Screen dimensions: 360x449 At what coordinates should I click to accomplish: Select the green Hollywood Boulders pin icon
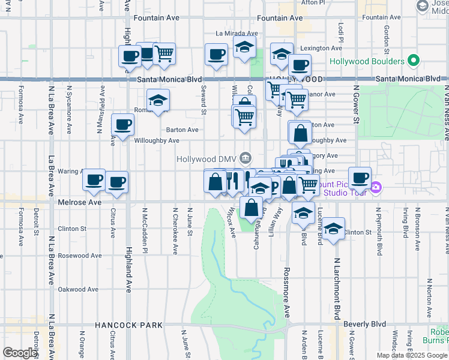tap(413, 61)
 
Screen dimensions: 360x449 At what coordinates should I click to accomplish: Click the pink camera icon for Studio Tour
tap(376, 187)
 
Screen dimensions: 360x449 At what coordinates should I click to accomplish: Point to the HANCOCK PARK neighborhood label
tap(128, 325)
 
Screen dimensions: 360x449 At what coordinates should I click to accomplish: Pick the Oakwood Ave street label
tap(78, 289)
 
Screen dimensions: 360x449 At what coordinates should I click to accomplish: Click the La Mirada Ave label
tap(237, 34)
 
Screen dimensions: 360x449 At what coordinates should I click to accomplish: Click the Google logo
tap(20, 353)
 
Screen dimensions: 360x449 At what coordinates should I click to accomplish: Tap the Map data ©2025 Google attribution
tap(411, 355)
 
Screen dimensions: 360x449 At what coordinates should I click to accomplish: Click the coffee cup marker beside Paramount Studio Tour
tap(360, 178)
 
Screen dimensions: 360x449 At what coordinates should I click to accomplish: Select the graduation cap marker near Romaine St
tap(158, 100)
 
